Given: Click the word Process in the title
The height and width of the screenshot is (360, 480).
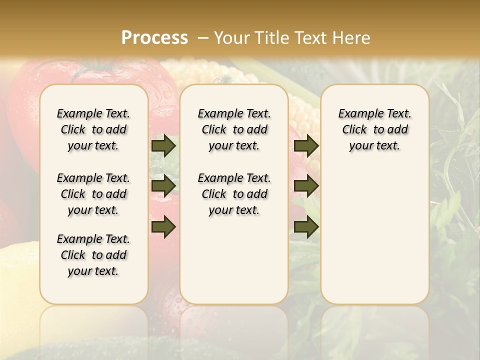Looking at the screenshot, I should (154, 38).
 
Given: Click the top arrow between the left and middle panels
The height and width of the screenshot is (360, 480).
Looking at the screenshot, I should (163, 145).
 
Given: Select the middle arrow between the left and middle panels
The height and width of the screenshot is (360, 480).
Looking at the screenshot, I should (163, 186).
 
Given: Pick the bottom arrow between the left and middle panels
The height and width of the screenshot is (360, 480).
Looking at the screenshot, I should (163, 227).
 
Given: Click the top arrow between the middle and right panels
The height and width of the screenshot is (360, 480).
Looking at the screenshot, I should (306, 145).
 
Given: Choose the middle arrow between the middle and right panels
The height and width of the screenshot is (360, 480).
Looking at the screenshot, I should (306, 186).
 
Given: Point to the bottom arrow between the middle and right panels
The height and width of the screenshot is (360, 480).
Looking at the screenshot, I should (306, 227).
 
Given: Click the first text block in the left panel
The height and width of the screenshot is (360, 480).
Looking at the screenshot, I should (93, 129).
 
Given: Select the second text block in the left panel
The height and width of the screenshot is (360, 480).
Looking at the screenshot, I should (93, 194).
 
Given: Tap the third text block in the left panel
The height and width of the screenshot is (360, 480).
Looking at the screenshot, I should (93, 255).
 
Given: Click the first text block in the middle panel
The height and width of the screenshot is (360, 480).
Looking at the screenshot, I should (234, 129).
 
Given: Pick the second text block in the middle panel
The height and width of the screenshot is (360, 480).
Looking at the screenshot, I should (234, 194).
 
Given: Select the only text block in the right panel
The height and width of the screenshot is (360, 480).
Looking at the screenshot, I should (374, 129).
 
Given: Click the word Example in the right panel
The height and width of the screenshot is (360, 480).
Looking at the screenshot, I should (357, 113).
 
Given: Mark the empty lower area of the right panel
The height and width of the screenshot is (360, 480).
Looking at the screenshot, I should (374, 235).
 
